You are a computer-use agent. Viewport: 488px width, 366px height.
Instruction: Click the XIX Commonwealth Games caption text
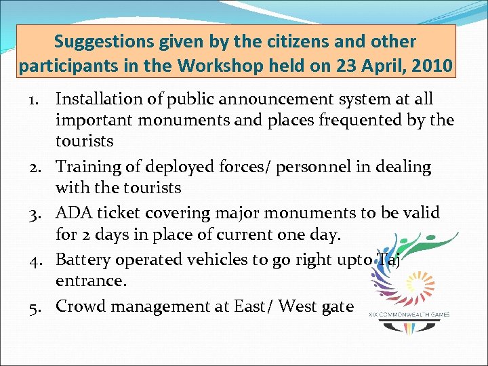coord(409,314)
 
